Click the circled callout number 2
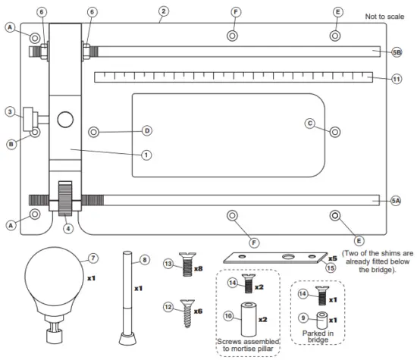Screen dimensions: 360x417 point(163,12)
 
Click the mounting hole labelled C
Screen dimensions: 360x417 point(334,130)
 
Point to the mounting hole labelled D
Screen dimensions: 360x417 point(94,130)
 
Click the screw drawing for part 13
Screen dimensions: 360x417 point(183,268)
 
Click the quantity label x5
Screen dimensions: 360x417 point(332,258)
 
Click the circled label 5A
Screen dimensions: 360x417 point(395,201)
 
